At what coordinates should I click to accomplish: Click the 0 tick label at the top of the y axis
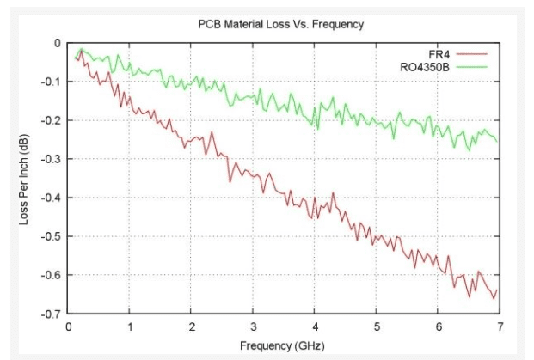coord(58,43)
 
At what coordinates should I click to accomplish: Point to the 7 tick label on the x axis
coord(500,327)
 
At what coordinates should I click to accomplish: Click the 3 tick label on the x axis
coord(254,327)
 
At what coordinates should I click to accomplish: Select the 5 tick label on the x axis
coord(377,327)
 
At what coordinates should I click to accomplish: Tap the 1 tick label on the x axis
coord(130,327)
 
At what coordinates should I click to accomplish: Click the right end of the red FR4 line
coord(497,290)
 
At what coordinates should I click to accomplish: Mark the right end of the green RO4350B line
coord(497,141)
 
